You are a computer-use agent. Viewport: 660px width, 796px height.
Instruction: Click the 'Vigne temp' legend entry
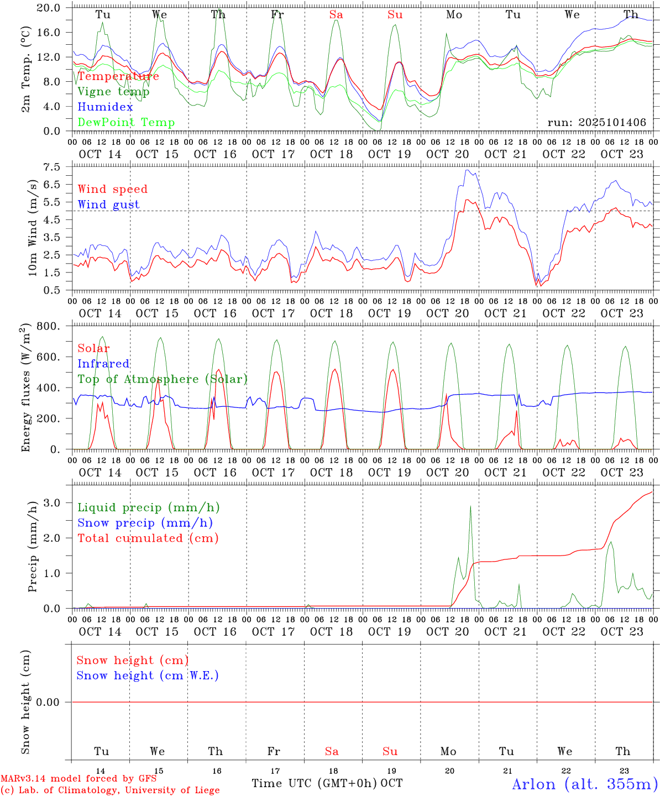[113, 92]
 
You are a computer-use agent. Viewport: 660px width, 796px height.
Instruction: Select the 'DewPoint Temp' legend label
[126, 123]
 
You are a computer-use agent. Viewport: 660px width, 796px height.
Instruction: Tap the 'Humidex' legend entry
[105, 107]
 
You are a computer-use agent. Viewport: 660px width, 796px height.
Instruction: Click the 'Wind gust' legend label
[108, 205]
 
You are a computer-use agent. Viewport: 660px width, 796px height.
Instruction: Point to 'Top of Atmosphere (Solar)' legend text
[163, 379]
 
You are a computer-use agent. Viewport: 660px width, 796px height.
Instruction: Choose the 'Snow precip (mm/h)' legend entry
[145, 523]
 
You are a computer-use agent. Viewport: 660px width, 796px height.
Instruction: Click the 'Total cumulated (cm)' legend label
[148, 538]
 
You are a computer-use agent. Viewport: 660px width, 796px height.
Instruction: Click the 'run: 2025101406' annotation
[596, 123]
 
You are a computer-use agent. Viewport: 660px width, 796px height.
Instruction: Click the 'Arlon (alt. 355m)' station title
[585, 784]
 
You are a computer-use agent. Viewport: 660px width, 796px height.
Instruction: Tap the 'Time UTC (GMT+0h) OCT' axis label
[327, 783]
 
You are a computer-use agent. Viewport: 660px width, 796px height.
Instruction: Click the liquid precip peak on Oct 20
[470, 506]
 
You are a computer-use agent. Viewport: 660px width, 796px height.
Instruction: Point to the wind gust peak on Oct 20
[468, 170]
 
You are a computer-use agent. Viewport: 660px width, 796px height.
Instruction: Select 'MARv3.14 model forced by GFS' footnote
[78, 779]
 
